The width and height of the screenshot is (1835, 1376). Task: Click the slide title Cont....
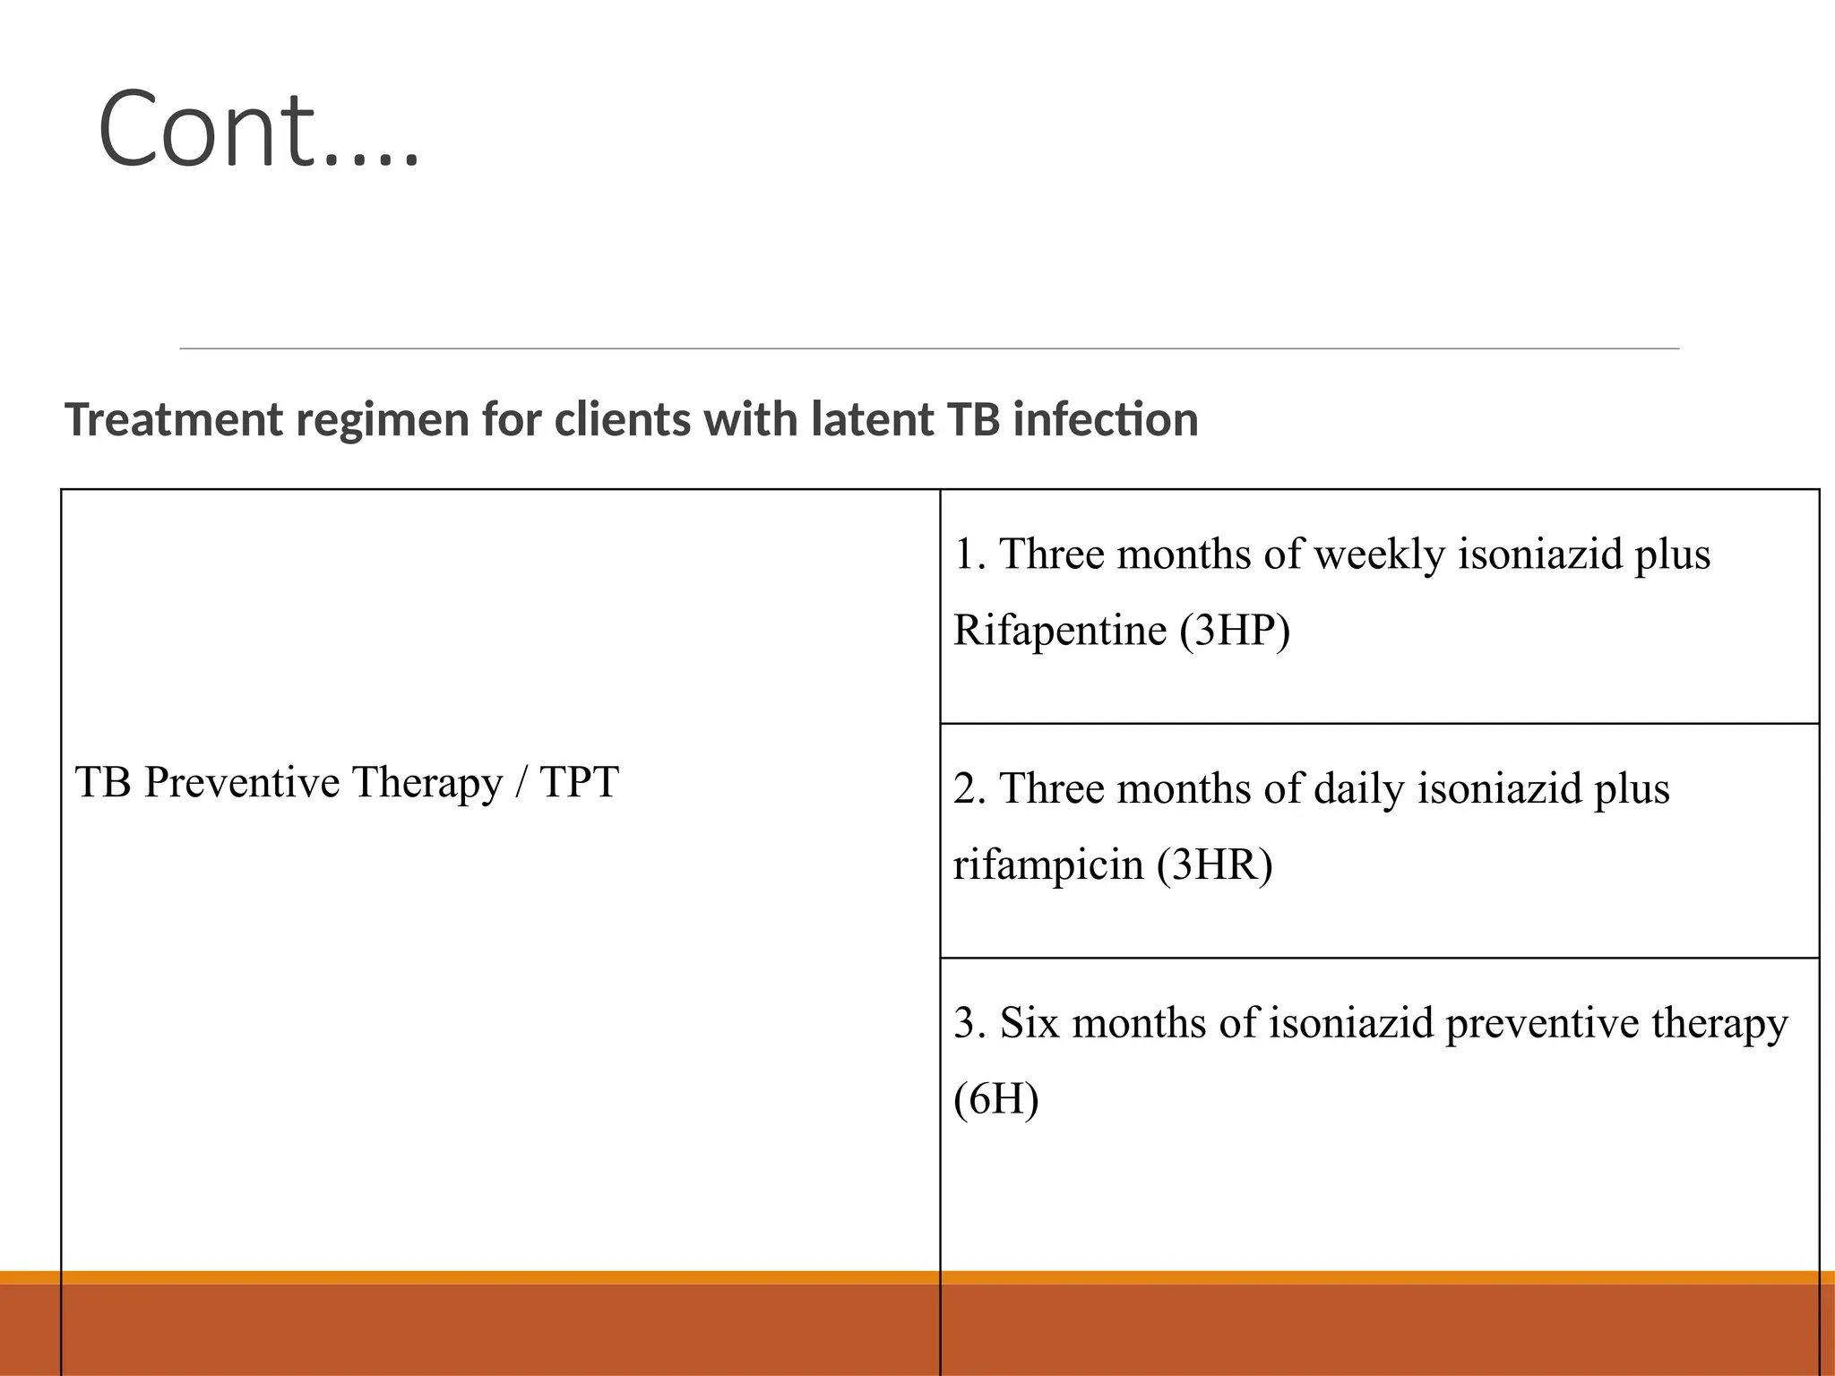click(258, 129)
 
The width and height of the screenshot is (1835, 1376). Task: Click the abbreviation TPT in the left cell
click(579, 782)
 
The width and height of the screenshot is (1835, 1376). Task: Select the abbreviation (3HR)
click(1214, 864)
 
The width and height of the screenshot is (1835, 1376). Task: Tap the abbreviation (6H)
click(995, 1099)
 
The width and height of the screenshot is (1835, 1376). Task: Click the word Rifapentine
click(1059, 630)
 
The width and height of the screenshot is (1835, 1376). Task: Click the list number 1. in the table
click(969, 555)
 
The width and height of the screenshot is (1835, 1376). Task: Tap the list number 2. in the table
click(969, 789)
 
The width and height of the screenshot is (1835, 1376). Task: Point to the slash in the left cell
click(521, 782)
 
